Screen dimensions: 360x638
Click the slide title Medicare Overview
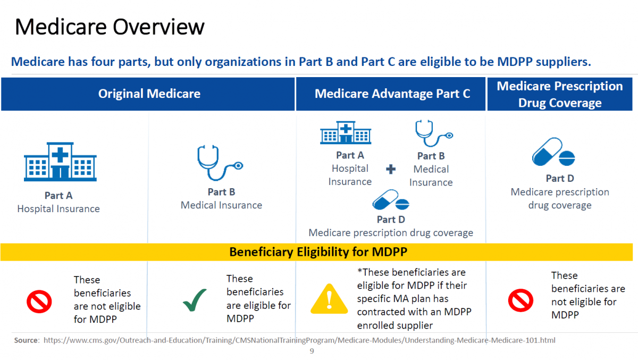[109, 27]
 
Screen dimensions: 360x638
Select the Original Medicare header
[149, 94]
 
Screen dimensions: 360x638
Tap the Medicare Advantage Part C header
[392, 94]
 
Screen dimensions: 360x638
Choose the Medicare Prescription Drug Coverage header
[560, 94]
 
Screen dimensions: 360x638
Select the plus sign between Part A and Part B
[391, 170]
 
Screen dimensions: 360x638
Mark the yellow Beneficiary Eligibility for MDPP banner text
[318, 252]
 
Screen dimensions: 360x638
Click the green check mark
[195, 300]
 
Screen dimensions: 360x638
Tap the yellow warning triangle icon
[329, 299]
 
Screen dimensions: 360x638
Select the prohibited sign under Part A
[39, 302]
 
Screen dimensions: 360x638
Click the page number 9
[312, 351]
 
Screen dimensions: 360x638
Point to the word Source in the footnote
[26, 340]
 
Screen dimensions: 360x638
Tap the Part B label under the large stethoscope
[221, 192]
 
